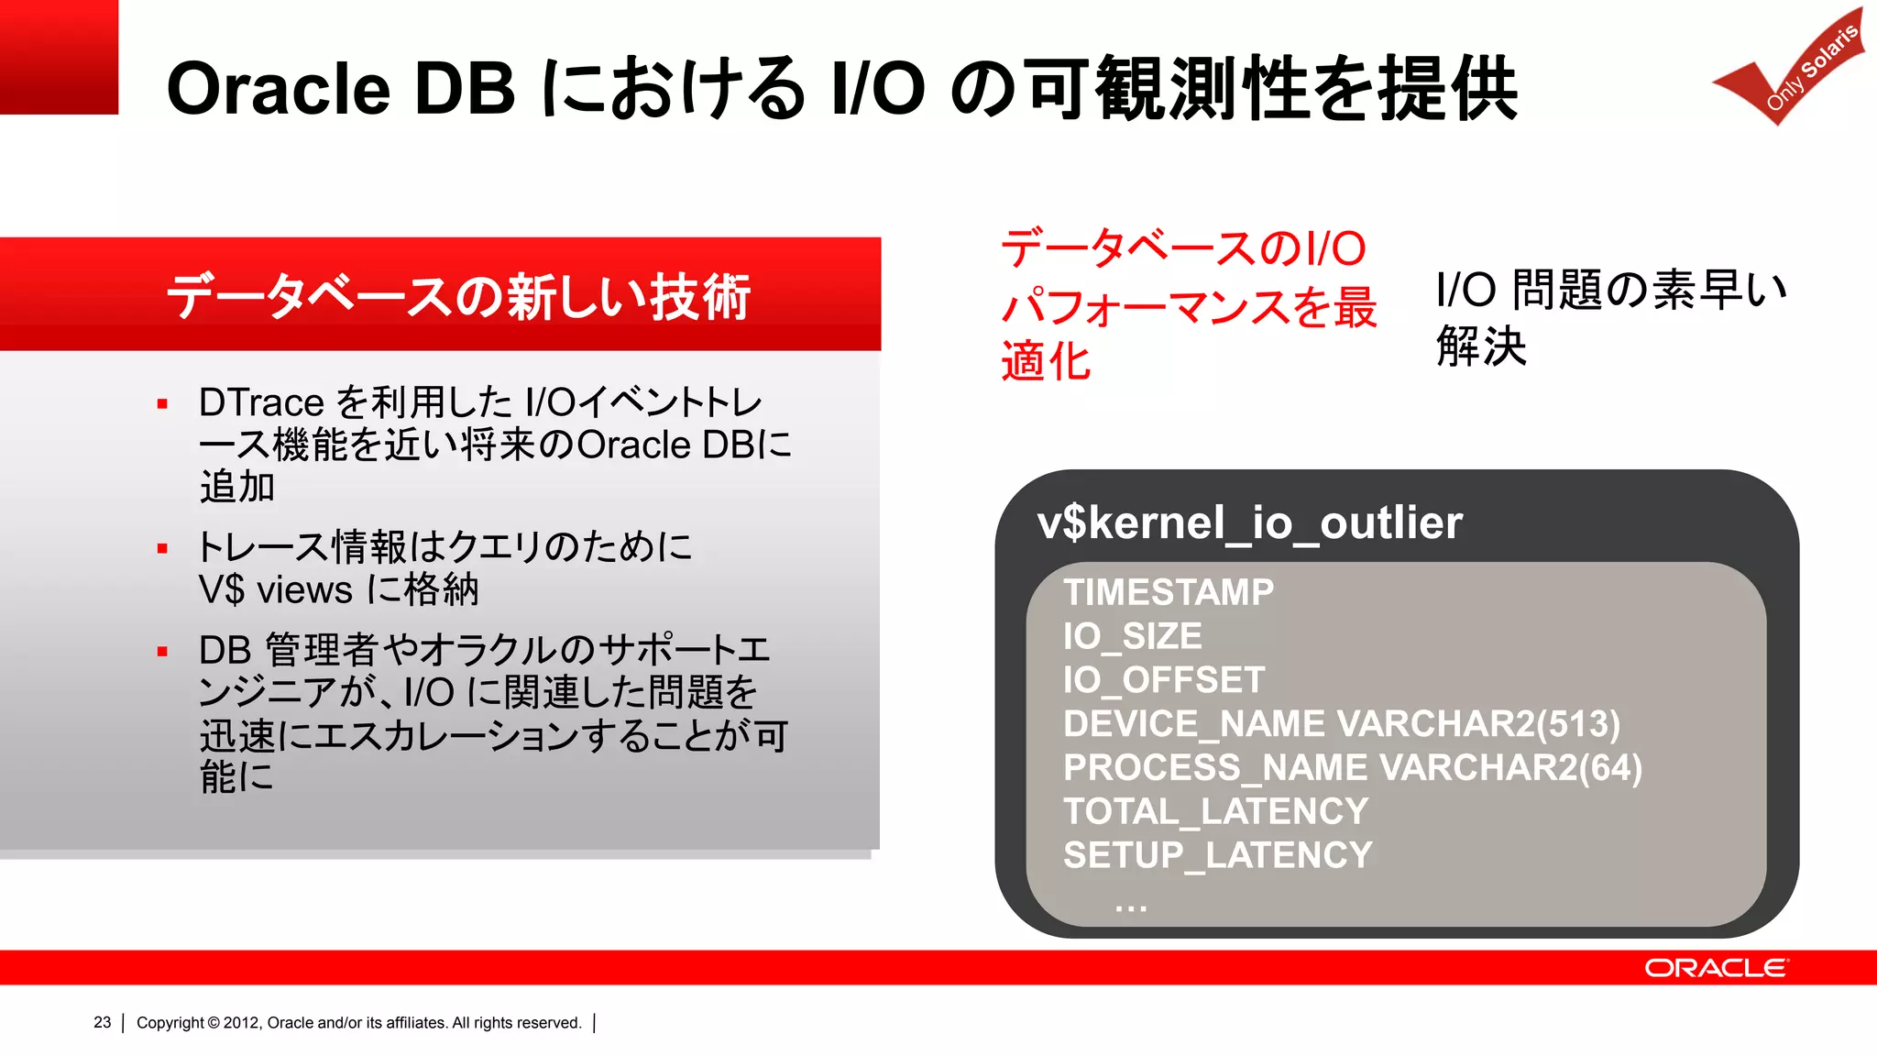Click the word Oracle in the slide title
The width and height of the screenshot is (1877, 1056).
click(278, 89)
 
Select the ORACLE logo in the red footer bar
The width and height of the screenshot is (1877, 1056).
click(1715, 968)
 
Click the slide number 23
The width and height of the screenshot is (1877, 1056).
click(102, 1022)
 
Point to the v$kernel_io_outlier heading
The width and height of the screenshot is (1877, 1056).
click(1249, 522)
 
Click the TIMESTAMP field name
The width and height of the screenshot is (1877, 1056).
click(1168, 592)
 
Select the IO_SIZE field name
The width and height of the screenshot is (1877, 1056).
click(1132, 636)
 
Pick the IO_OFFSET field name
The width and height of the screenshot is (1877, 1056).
click(1163, 680)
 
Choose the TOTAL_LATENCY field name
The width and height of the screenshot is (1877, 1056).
click(1215, 811)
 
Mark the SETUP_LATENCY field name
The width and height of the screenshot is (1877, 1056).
click(1217, 855)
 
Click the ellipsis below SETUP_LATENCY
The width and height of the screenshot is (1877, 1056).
click(1130, 907)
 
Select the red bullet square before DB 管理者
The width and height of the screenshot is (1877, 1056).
click(162, 652)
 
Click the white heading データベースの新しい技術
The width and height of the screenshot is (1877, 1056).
click(458, 296)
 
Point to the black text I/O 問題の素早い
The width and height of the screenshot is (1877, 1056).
click(1610, 289)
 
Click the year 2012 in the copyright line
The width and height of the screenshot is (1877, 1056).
click(241, 1022)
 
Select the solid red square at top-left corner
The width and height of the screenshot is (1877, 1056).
click(59, 57)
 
